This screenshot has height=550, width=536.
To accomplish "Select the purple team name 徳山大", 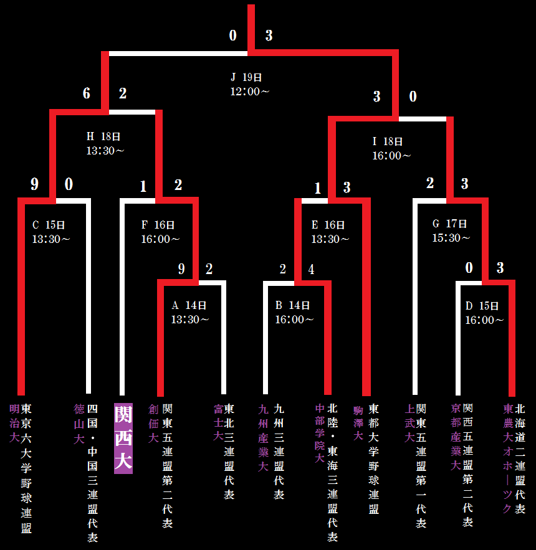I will pos(79,424).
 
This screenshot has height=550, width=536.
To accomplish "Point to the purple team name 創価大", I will pos(153,424).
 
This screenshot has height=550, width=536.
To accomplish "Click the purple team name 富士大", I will pos(218,424).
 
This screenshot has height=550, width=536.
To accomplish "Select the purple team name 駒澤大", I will pos(358,424).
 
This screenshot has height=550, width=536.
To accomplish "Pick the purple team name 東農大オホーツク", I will pos(508,458).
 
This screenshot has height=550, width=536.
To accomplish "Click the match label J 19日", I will pos(246,77).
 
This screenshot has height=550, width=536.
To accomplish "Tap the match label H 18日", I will pos(103,136).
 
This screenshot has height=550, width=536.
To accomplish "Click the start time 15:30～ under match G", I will pos(451,238).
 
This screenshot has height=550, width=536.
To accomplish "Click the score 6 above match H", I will pos(87,93).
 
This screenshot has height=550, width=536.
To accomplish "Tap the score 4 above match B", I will pos(311,269).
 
